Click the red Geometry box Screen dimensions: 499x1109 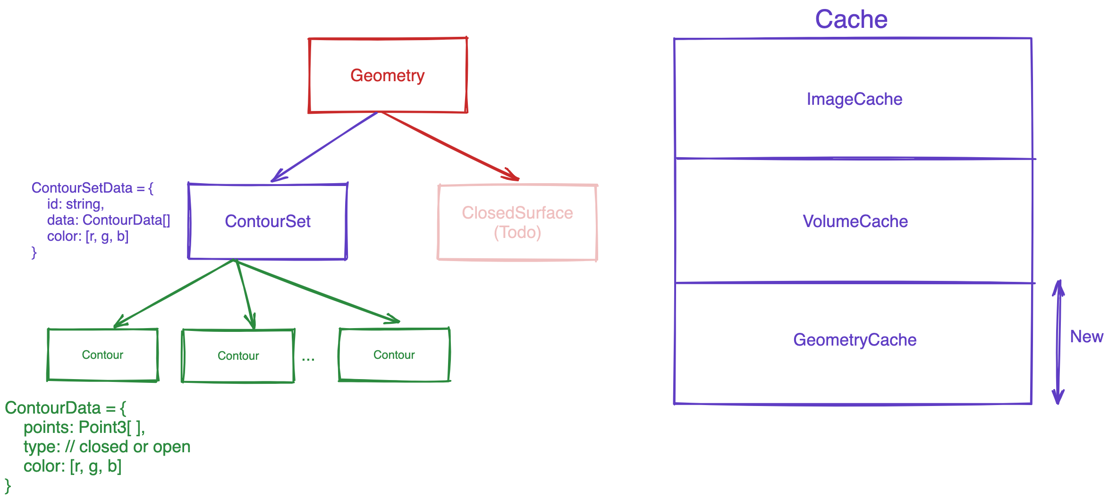pyautogui.click(x=388, y=76)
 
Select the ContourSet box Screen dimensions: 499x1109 pyautogui.click(x=268, y=221)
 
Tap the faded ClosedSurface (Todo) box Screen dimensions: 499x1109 pyautogui.click(x=517, y=222)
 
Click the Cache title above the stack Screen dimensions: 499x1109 pyautogui.click(x=851, y=19)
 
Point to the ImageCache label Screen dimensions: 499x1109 pyautogui.click(x=854, y=99)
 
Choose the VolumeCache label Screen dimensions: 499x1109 pyautogui.click(x=855, y=221)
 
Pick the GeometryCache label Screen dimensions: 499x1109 pyautogui.click(x=855, y=340)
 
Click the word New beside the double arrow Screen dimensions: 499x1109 pyautogui.click(x=1086, y=337)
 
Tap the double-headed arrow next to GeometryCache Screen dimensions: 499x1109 pyautogui.click(x=1059, y=342)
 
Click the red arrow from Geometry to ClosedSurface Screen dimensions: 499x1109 pyautogui.click(x=449, y=145)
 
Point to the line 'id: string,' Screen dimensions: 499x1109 pyautogui.click(x=76, y=204)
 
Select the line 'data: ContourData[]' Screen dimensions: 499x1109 pyautogui.click(x=109, y=220)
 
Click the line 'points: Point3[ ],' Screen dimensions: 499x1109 pyautogui.click(x=84, y=427)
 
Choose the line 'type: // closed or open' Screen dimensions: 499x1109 pyautogui.click(x=107, y=447)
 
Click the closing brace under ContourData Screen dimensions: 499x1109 pyautogui.click(x=8, y=485)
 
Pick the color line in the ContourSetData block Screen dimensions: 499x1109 pyautogui.click(x=88, y=236)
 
